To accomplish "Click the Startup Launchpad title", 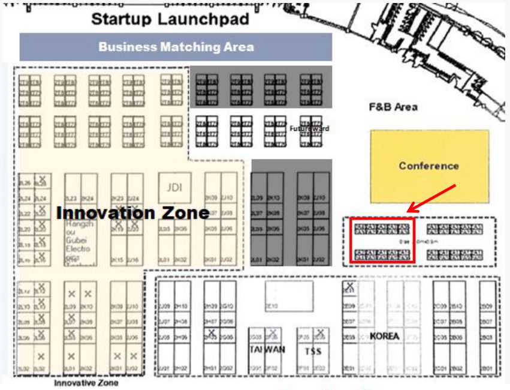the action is point(170,19).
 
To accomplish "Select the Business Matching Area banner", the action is point(176,47).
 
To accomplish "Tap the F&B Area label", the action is point(393,107).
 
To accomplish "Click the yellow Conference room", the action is point(428,166).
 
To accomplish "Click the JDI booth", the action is point(174,187).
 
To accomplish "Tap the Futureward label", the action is point(313,128).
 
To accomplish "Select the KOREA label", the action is point(384,336).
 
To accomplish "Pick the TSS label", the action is point(313,350).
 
